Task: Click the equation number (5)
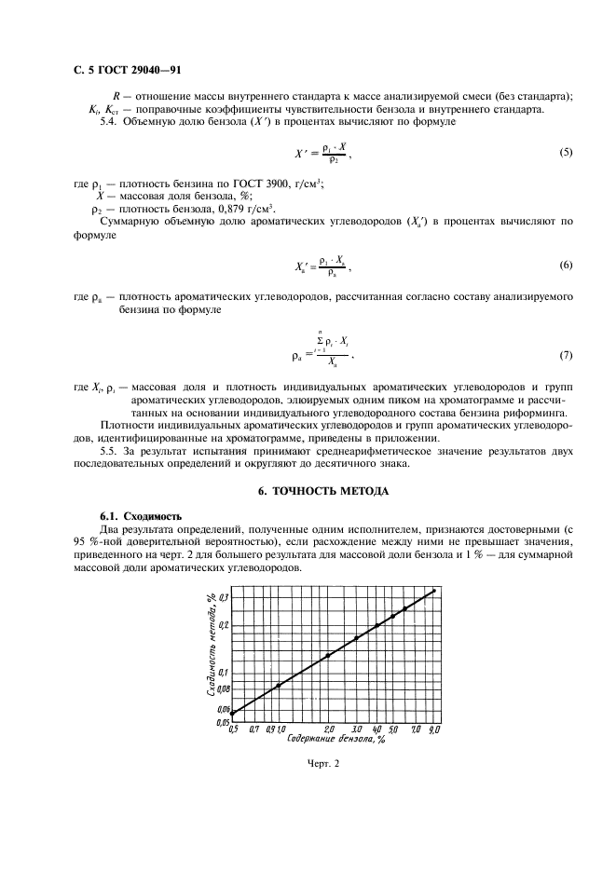[x=566, y=153]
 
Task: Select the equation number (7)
[x=566, y=356]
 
